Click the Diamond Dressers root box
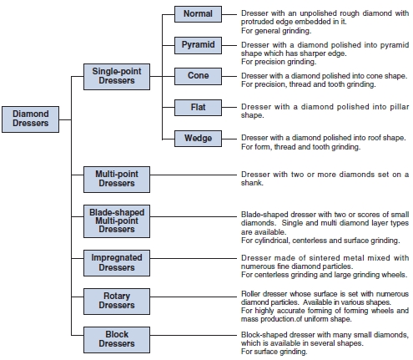(x=30, y=119)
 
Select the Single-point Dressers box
(x=117, y=77)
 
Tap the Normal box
(x=198, y=14)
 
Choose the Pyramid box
(x=198, y=45)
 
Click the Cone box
(x=198, y=76)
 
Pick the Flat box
(x=198, y=108)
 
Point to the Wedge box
(x=198, y=139)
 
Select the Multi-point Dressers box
(x=117, y=180)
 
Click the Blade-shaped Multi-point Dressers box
(x=117, y=221)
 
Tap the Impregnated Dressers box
(x=117, y=263)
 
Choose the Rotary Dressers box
(x=117, y=302)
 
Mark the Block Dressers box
(x=117, y=340)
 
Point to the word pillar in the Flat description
(x=399, y=107)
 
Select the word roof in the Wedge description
(x=374, y=138)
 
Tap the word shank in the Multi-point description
(x=252, y=183)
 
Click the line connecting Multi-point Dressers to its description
(x=194, y=175)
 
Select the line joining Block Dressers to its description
(x=194, y=335)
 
